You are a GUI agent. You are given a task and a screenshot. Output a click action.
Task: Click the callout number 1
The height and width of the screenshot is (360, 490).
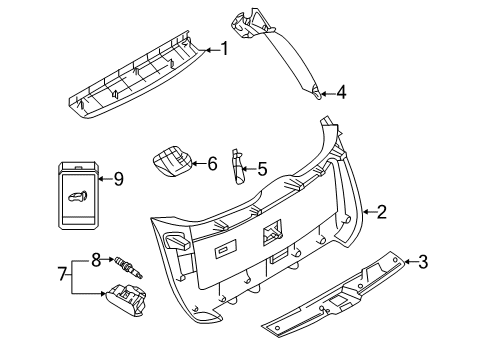tap(225, 47)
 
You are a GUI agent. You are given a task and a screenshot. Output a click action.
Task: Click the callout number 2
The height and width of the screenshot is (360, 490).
tap(380, 212)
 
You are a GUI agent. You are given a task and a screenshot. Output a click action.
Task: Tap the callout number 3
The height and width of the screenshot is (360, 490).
tap(422, 262)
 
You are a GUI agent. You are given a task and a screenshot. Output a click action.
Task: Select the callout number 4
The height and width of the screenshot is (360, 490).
tap(341, 92)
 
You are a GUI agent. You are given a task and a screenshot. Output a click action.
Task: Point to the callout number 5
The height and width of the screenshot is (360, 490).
tap(262, 169)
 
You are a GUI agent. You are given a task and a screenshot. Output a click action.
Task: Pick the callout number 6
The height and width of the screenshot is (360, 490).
tap(212, 162)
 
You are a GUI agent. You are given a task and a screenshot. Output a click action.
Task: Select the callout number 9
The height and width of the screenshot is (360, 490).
tap(118, 180)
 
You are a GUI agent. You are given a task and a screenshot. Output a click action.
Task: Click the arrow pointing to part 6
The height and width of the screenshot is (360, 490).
tap(198, 162)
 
